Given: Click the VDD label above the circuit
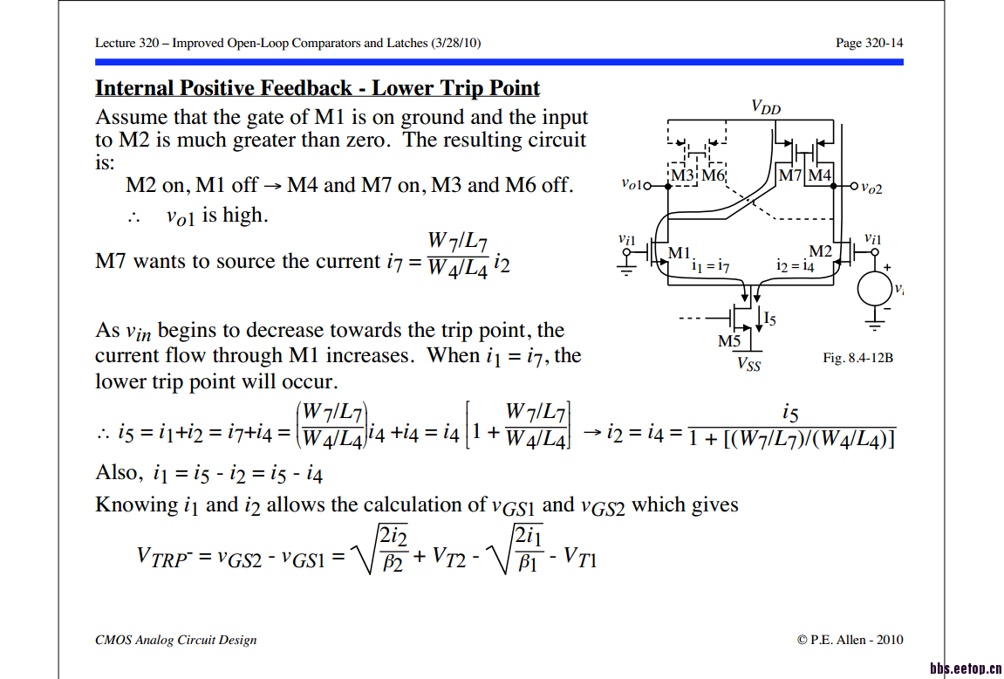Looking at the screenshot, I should tap(766, 107).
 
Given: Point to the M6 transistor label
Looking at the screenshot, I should tap(713, 175).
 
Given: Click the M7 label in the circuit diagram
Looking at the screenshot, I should tap(789, 175).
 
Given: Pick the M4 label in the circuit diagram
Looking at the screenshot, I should tap(819, 175).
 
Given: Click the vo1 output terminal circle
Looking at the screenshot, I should tap(648, 185).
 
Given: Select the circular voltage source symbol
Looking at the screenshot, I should tap(874, 289).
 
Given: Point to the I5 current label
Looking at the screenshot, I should tap(769, 321).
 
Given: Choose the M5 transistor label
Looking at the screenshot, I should tap(728, 341).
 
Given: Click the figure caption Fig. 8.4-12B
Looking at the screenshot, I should tap(857, 358).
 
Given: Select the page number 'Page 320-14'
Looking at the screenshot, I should tap(869, 43).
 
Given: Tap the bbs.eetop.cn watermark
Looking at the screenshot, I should tap(965, 669).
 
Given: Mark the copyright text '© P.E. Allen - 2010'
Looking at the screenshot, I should tap(850, 640).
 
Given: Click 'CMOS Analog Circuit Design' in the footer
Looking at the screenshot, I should tap(176, 640).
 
